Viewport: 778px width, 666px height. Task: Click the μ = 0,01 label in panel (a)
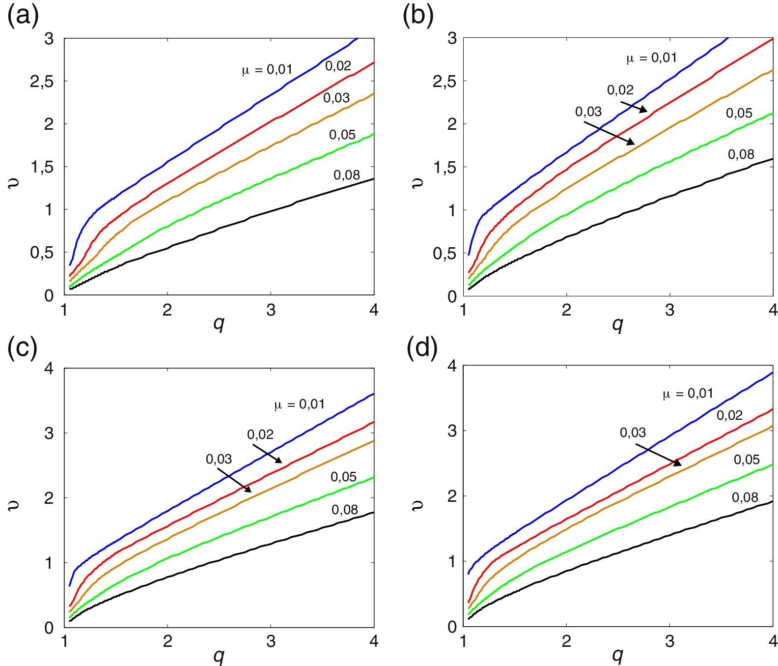point(267,69)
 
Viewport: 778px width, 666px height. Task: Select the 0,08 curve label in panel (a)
point(346,174)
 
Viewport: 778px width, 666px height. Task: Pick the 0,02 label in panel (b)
point(620,90)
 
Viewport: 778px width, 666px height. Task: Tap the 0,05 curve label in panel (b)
point(739,113)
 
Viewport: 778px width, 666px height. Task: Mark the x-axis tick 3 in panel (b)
point(669,311)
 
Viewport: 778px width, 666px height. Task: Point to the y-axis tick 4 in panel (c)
point(49,368)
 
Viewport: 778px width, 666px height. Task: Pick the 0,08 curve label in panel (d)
point(745,497)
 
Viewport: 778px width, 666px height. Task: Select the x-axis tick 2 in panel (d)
point(566,641)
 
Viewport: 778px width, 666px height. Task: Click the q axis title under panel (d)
point(617,654)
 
